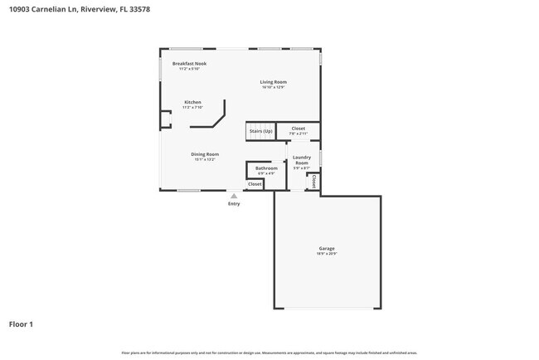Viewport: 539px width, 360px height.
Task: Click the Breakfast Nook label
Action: (x=189, y=63)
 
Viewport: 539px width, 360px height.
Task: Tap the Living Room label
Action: (x=273, y=81)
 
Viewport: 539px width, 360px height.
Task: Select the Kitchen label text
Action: (x=192, y=102)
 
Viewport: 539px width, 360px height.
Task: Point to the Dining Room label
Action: (x=205, y=154)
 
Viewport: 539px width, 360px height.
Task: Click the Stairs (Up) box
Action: (x=260, y=131)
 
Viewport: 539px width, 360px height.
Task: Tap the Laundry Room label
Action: (x=301, y=159)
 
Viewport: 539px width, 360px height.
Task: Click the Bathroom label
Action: (x=266, y=168)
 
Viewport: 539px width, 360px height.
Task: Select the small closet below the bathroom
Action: (x=255, y=184)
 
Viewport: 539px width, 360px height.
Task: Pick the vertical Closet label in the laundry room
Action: (x=315, y=182)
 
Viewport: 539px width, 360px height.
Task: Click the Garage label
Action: (x=327, y=248)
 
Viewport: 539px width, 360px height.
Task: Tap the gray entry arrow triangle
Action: (x=234, y=196)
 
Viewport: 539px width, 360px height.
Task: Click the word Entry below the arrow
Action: (x=234, y=203)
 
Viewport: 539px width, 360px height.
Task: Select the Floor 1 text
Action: (x=22, y=324)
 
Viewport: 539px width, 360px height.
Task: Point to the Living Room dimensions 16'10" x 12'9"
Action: (x=273, y=86)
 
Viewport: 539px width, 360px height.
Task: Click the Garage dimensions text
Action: (x=327, y=253)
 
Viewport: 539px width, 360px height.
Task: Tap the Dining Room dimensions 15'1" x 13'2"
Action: (x=205, y=159)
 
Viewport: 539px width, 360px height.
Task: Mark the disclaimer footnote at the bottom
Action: (x=269, y=353)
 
